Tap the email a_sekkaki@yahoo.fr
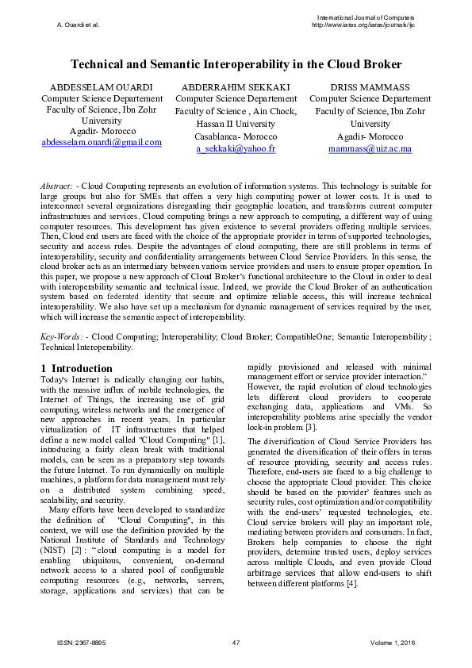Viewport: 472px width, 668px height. tap(236, 148)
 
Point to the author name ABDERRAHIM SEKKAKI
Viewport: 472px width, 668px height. tap(236, 86)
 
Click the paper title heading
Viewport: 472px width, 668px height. tap(236, 63)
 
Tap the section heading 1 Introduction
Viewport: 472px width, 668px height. tap(76, 368)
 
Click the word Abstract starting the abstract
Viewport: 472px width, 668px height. tap(58, 185)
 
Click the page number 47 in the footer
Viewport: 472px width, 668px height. tap(236, 641)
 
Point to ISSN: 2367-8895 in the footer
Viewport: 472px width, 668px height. tap(79, 641)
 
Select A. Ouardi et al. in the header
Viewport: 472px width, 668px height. tap(78, 25)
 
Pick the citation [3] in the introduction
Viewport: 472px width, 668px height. tap(312, 428)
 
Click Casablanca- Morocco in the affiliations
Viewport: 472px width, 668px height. tap(236, 136)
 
